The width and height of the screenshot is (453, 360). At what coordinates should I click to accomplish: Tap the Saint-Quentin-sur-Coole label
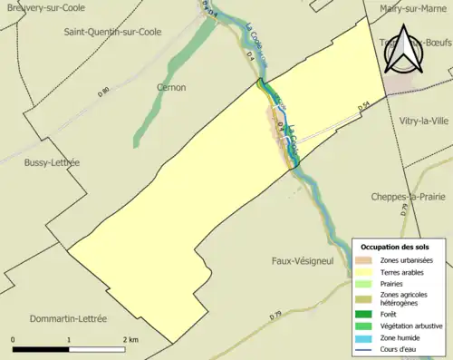coord(112,32)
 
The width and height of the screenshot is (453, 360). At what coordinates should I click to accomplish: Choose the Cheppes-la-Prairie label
coord(408,197)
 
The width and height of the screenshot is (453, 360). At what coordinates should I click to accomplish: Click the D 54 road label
coord(363,107)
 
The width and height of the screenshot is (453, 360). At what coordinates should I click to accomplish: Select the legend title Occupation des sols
coord(395,247)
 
